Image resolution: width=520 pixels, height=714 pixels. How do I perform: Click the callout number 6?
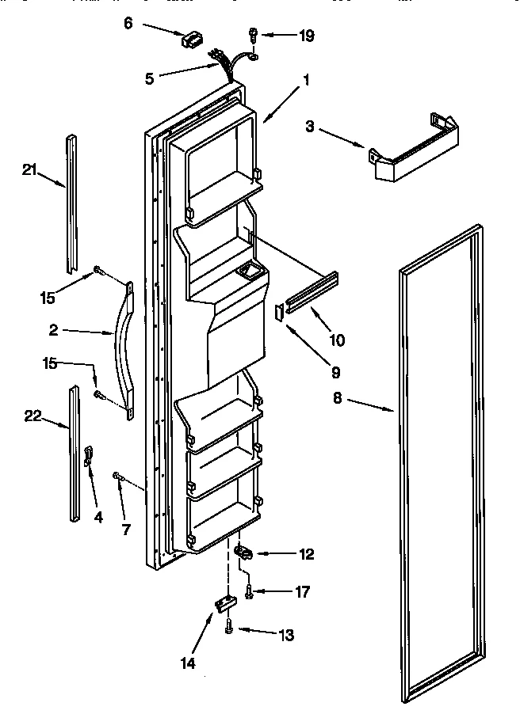pos(129,25)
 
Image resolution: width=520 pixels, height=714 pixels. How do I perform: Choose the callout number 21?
pos(30,169)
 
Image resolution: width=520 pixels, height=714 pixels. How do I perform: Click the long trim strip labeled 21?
pos(73,201)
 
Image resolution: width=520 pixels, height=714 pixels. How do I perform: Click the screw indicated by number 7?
pos(118,475)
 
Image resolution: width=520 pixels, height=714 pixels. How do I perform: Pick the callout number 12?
pos(306,554)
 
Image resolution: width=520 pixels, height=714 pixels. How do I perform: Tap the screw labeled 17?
pos(248,591)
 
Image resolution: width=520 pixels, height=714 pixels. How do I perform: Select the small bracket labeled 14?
pos(224,604)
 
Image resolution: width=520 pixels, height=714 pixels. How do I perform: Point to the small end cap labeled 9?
pos(279,312)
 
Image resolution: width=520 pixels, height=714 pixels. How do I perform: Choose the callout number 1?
pos(306,80)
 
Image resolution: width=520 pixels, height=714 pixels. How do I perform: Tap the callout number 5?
pos(149,78)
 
